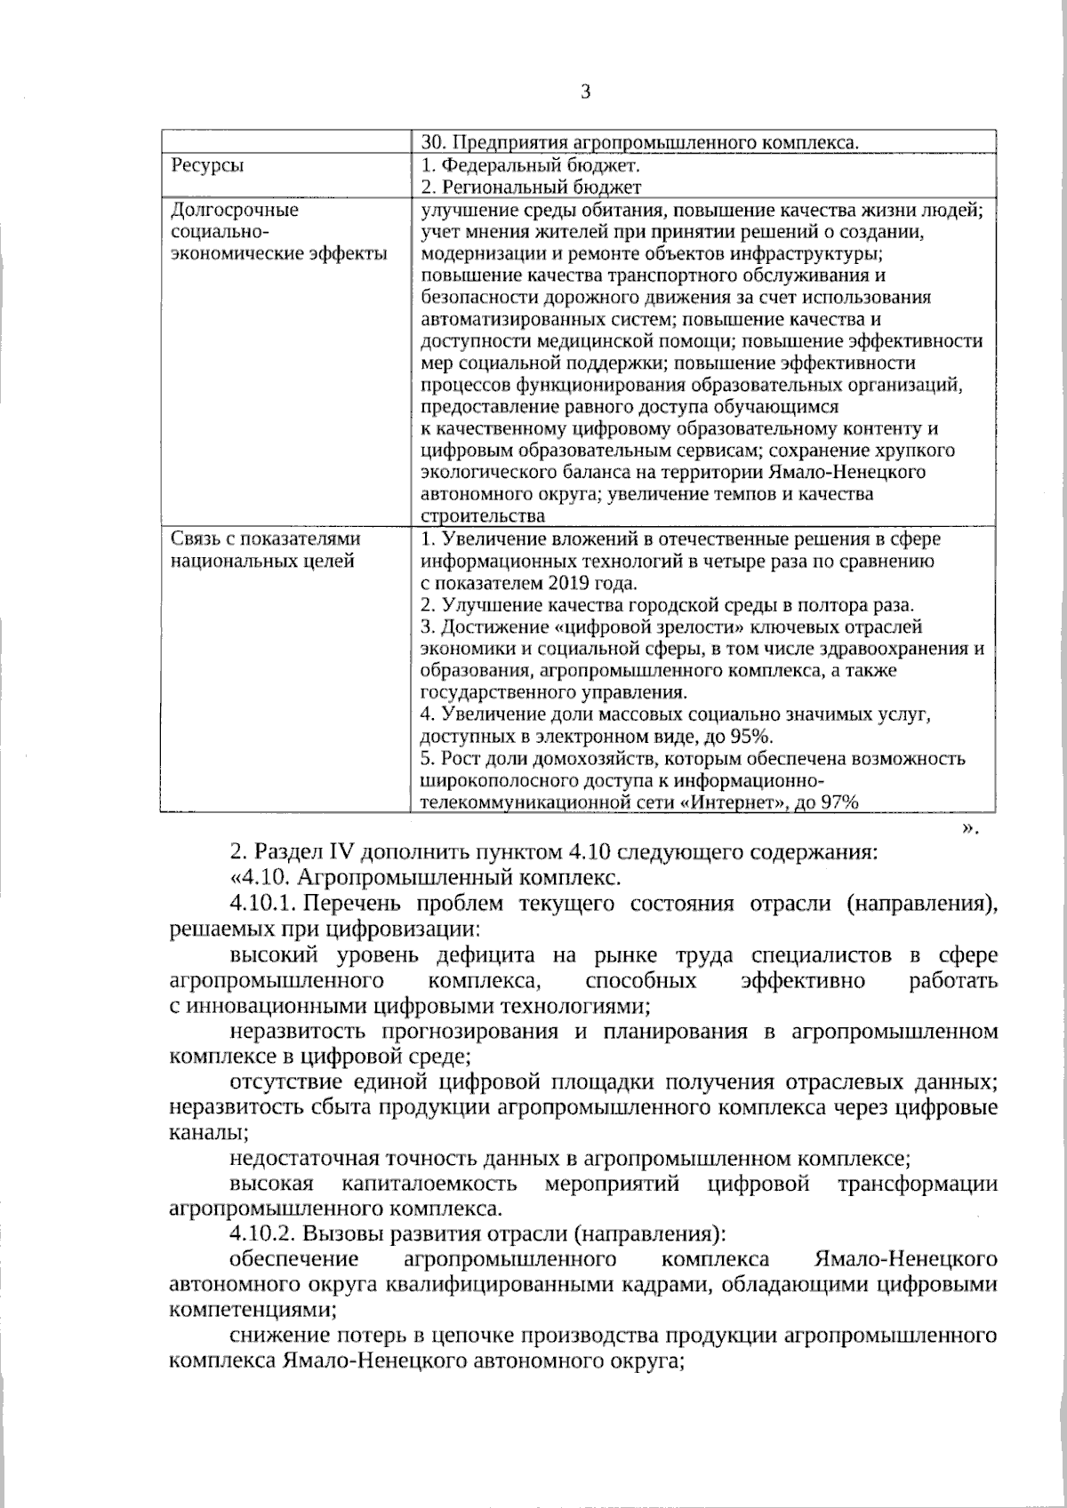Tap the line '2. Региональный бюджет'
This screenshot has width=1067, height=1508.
(x=531, y=188)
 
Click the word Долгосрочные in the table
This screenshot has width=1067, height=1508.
(x=234, y=211)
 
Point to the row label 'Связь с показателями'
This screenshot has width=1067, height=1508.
(x=265, y=539)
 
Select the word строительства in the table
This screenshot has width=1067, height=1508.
(x=483, y=517)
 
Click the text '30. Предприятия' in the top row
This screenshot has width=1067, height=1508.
(x=492, y=142)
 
